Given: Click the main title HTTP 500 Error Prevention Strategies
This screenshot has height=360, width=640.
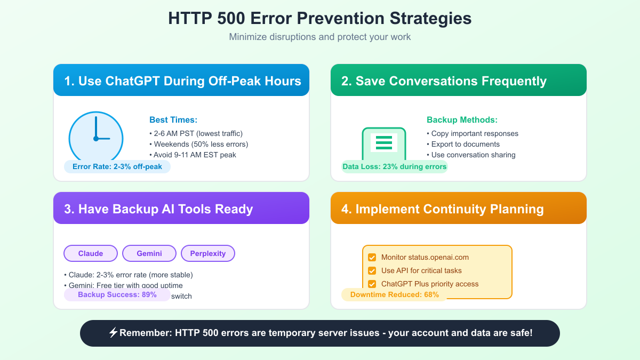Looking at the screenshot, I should coord(319,18).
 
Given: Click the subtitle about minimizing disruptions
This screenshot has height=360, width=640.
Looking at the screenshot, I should coord(319,37).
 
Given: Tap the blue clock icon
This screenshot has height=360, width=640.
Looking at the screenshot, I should coord(96,138).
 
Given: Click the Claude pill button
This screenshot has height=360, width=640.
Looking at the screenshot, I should coord(91,253).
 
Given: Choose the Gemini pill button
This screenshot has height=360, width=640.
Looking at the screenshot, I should coord(149,253).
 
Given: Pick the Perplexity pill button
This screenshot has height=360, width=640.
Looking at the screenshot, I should coord(208,253).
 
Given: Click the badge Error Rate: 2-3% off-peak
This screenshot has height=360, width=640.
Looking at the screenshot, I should coord(117,166).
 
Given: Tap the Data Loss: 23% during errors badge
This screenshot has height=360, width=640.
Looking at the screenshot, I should coord(394,166).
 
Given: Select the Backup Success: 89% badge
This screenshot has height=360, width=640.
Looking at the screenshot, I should coord(117,294).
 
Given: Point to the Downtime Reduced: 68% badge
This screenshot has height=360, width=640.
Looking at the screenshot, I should coord(394,294).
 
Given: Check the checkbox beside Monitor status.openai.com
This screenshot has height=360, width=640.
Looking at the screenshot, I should coord(372,257).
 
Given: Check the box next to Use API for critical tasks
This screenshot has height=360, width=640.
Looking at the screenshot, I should coord(372,270).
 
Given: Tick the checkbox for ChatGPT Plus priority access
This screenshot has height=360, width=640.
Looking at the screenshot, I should coord(372,284).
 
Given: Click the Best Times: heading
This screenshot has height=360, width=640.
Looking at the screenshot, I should coord(173,120).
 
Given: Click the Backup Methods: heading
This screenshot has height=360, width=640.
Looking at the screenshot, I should coord(462,120).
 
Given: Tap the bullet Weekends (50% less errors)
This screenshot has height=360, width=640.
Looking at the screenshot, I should coord(201,144).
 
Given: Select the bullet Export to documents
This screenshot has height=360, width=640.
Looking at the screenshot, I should coord(465,144).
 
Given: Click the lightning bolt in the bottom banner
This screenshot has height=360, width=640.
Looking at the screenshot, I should coord(113,333).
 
